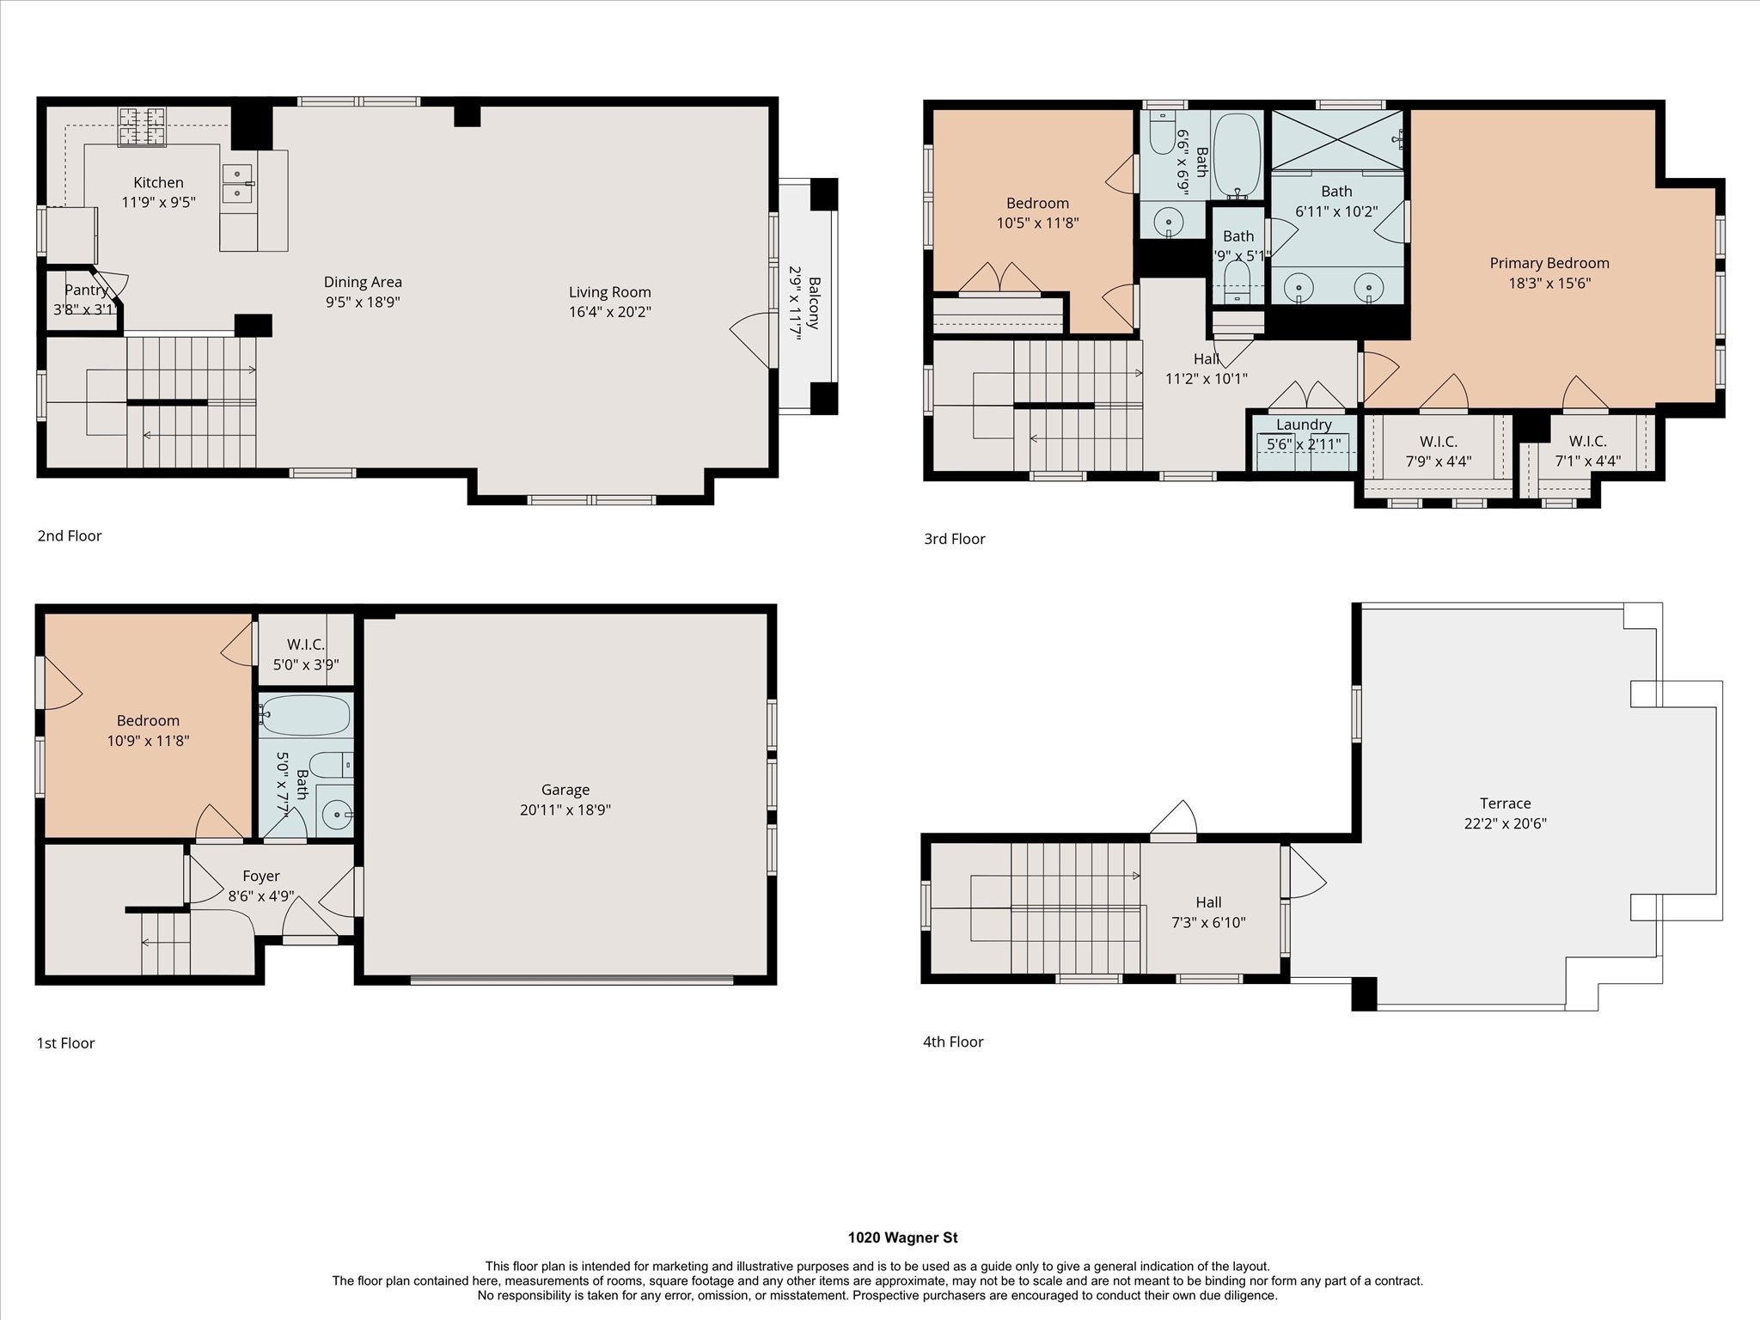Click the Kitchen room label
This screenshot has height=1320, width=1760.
[158, 182]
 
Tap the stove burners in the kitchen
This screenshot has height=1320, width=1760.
[142, 126]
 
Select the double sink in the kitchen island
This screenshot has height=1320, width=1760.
[237, 183]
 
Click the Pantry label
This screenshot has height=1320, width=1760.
[86, 290]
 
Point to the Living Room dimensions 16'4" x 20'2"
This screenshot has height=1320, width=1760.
[609, 311]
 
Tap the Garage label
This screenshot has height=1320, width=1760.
[565, 789]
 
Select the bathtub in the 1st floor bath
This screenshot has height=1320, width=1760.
[306, 715]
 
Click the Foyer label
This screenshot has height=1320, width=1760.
[260, 876]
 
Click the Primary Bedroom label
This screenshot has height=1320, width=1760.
[1549, 263]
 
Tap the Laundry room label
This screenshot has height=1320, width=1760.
[1303, 425]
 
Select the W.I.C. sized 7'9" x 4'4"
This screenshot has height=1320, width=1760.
[1438, 451]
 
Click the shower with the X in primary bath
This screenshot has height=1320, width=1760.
[1336, 139]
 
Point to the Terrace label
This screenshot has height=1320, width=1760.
[1505, 803]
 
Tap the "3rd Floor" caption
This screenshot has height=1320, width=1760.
[954, 539]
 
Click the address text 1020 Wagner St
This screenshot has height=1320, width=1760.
[902, 1237]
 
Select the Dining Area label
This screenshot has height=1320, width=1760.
[363, 282]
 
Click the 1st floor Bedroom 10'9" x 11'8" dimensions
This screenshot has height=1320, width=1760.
[148, 740]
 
